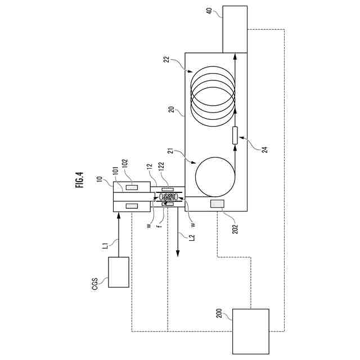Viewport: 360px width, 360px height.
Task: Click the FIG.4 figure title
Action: click(80, 180)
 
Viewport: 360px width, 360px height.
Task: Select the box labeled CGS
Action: click(119, 272)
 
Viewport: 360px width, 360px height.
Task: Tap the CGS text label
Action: click(94, 284)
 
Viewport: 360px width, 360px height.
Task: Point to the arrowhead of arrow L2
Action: click(178, 254)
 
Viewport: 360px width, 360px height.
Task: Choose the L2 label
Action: click(192, 237)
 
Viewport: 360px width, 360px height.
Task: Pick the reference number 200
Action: click(219, 313)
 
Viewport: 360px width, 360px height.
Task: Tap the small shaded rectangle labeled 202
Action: click(217, 204)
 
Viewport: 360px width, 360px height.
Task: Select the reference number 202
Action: click(235, 229)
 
